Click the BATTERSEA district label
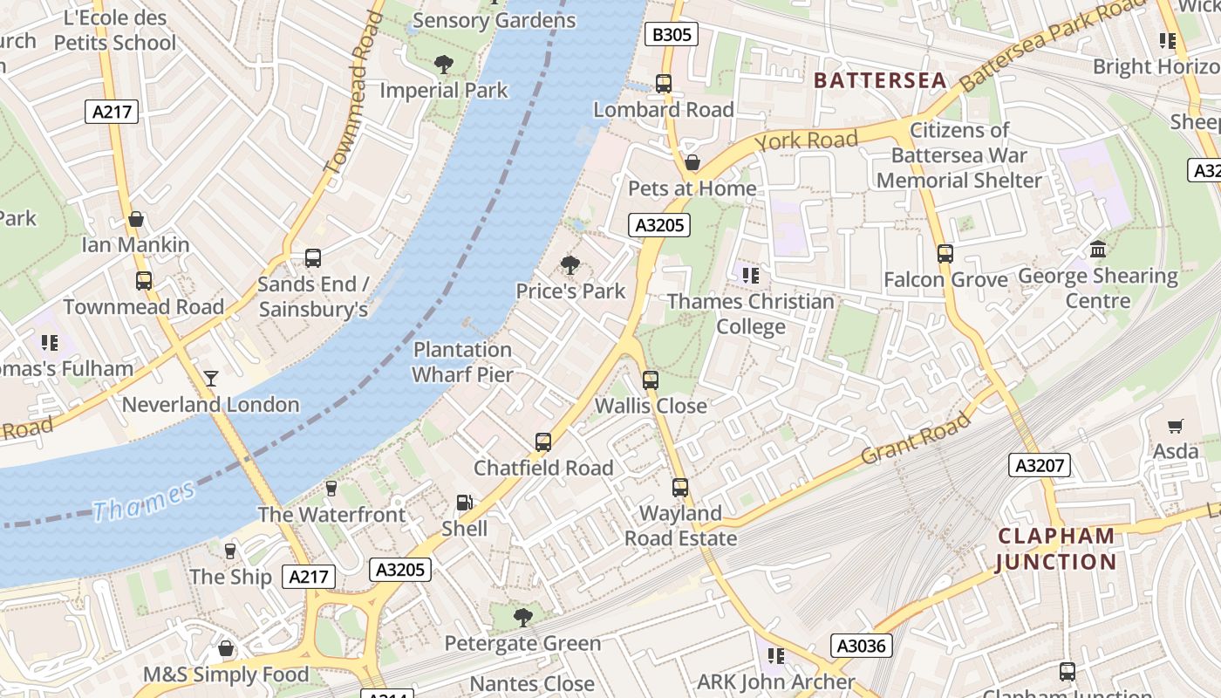(879, 80)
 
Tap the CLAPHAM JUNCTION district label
(1056, 549)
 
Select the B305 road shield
(672, 35)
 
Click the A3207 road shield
(1040, 465)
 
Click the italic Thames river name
(144, 501)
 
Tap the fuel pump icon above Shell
(465, 503)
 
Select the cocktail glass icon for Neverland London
(211, 379)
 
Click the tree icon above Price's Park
(570, 264)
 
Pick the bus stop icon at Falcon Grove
(945, 254)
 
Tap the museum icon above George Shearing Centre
(1098, 250)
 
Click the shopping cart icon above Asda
(1176, 426)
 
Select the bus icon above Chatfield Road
(543, 442)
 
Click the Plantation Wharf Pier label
(462, 362)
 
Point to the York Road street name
(806, 140)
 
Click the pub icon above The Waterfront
(331, 489)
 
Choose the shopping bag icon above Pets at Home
(692, 162)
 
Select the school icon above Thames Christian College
(750, 276)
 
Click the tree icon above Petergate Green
(522, 618)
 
